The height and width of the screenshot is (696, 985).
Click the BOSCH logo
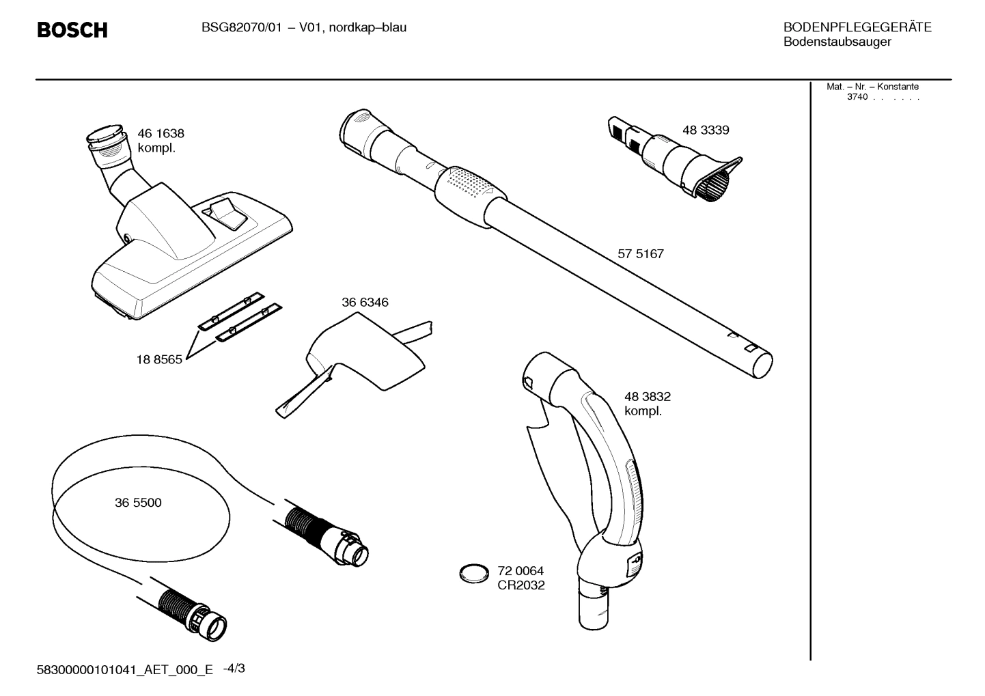72,30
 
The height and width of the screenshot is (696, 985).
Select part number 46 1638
161,134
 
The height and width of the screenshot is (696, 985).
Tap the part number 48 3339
705,130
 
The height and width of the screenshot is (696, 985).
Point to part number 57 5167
640,254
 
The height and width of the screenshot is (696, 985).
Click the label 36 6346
365,303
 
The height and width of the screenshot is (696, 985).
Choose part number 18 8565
159,360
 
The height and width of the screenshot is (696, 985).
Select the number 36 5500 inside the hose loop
138,503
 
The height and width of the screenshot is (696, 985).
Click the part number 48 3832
647,397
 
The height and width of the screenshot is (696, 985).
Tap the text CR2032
521,585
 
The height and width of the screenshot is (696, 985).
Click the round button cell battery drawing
474,574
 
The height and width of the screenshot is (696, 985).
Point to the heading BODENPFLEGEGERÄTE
857,28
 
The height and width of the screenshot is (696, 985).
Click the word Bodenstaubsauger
837,42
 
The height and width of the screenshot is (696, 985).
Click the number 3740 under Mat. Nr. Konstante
857,97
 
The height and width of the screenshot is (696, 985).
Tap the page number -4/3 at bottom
234,669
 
